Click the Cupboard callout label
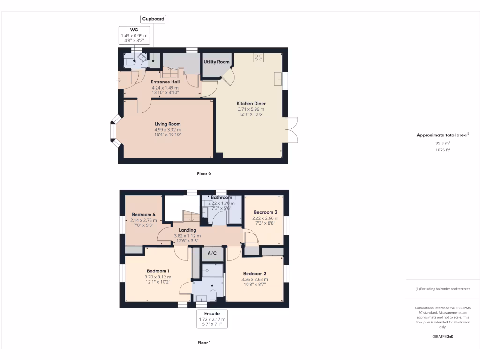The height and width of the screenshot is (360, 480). (153, 19)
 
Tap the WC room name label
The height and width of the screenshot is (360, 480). (134, 30)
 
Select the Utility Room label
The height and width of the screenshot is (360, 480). (216, 62)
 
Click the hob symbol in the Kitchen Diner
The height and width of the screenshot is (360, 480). (258, 58)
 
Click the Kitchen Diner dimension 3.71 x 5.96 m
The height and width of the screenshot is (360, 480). (251, 109)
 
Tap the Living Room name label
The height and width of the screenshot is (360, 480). (168, 124)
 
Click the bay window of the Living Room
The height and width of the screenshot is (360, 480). (113, 132)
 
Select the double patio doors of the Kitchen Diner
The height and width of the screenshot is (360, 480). (292, 129)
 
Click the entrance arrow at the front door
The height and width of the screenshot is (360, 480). (119, 80)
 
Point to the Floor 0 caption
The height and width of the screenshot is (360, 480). (204, 174)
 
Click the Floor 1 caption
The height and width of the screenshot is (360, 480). (204, 343)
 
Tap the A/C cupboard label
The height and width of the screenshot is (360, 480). (212, 253)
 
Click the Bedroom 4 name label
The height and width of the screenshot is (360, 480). (144, 214)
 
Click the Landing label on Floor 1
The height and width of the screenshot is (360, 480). (187, 230)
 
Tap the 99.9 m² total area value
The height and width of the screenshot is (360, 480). (443, 143)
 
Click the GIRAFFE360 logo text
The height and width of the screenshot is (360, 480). (443, 336)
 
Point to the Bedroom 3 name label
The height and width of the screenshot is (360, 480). (265, 212)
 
